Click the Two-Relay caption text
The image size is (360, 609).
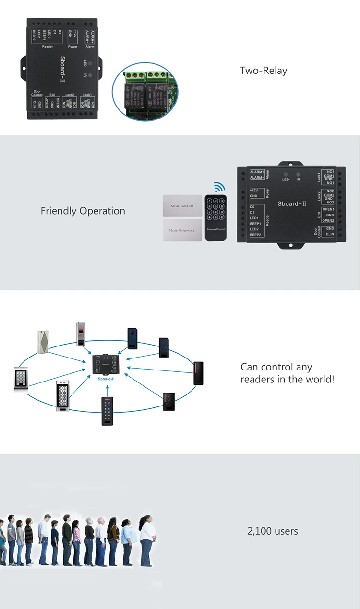click(264, 71)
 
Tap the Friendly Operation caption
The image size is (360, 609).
click(83, 211)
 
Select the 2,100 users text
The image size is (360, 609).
click(272, 531)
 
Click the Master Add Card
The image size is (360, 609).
click(182, 206)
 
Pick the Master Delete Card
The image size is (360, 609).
click(182, 230)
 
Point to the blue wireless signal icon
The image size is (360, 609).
click(219, 187)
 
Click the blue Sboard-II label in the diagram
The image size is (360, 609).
click(106, 379)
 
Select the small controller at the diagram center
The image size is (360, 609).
click(106, 365)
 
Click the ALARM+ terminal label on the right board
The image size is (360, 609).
click(257, 172)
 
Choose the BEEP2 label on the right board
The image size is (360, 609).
click(255, 235)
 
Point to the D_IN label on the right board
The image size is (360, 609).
click(330, 234)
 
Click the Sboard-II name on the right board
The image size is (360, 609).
click(292, 203)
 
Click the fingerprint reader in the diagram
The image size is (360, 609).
click(82, 334)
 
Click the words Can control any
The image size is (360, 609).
click(276, 367)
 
